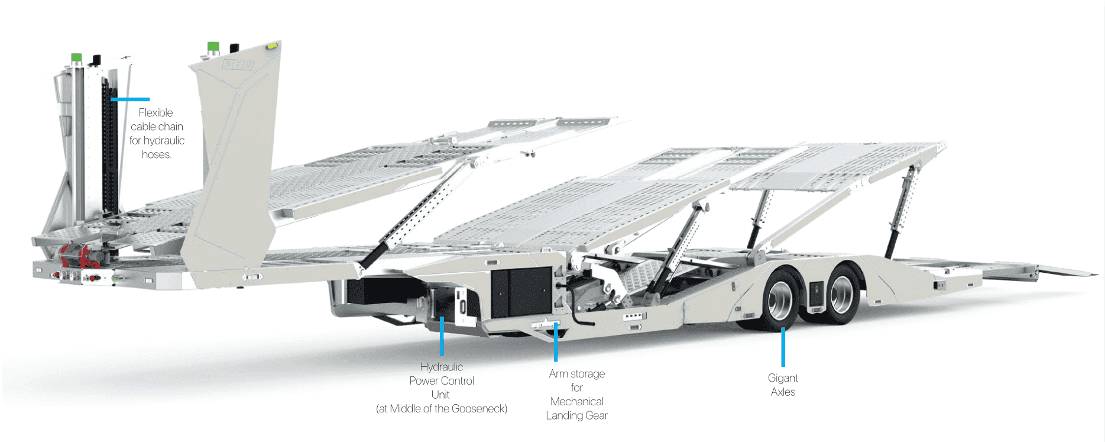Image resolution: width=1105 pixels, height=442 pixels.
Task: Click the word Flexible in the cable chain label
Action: point(155,112)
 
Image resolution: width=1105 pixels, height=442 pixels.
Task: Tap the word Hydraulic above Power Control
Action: point(441,367)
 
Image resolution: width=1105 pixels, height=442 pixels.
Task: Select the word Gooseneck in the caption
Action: point(478,409)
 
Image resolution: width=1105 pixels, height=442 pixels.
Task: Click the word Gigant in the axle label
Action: point(782,378)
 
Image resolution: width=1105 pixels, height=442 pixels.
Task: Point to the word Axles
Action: point(782,392)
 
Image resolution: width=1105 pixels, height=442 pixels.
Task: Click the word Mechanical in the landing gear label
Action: point(576,402)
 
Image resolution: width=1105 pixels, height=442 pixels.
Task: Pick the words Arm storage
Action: point(576,374)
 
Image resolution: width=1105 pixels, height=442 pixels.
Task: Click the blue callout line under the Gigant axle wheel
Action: point(783,347)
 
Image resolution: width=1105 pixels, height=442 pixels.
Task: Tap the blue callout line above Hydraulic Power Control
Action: point(442,336)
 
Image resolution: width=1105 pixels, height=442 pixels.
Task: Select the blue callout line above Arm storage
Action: point(556,341)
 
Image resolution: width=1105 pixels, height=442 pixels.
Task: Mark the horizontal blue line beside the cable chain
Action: point(130,99)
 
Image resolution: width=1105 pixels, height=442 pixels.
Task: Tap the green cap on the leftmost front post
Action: point(76,57)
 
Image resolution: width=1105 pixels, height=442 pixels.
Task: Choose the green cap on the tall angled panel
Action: point(213,46)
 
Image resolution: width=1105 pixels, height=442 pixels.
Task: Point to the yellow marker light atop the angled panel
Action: point(271,45)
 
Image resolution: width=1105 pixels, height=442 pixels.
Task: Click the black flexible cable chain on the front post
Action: point(109,154)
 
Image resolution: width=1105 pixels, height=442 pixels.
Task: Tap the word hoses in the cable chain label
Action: point(156,154)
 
